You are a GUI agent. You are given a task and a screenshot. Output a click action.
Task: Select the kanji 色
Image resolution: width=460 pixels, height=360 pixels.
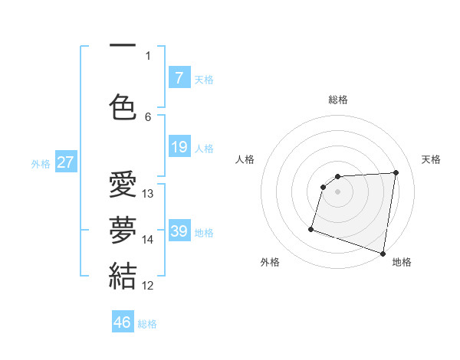click(x=123, y=106)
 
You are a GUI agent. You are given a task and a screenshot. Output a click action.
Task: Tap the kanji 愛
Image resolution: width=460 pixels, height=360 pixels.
click(x=123, y=186)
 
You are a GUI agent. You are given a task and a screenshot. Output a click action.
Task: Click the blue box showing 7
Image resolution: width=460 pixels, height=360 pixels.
click(x=179, y=78)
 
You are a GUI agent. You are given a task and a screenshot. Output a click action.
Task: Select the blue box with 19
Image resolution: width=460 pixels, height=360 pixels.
click(x=179, y=147)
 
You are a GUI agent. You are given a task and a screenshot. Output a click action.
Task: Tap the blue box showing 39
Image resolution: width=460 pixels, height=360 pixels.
click(x=179, y=231)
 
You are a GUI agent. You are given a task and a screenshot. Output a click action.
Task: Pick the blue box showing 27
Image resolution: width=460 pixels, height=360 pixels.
click(x=66, y=162)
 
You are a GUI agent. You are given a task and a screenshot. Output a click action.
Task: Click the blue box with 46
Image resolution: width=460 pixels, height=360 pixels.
click(x=123, y=322)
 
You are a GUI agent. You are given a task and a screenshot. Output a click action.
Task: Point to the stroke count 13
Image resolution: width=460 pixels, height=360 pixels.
click(x=148, y=194)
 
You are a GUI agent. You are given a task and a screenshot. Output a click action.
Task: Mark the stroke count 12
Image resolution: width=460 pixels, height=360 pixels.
click(x=148, y=285)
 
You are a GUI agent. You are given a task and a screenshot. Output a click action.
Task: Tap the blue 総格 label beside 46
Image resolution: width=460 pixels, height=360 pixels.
click(x=147, y=324)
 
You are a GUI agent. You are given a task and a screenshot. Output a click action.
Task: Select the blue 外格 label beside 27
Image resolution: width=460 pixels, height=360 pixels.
click(x=41, y=163)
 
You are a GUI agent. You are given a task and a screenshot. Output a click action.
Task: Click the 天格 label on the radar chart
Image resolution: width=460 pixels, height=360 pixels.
click(x=431, y=159)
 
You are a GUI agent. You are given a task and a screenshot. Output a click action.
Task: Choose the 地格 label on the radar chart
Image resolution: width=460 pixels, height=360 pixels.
click(x=402, y=262)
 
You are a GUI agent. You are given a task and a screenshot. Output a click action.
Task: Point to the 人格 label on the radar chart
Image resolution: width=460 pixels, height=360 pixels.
click(x=245, y=159)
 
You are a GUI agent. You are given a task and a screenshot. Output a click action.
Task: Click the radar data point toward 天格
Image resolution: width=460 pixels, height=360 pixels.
click(x=396, y=172)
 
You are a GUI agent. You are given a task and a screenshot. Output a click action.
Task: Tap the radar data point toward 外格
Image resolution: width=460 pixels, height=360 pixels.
click(x=311, y=228)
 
